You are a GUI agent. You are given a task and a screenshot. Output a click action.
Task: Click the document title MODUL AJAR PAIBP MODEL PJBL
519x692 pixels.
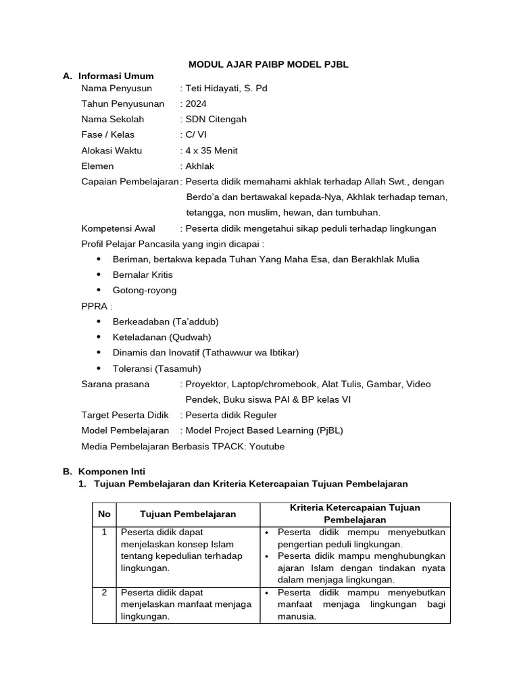pyautogui.click(x=268, y=64)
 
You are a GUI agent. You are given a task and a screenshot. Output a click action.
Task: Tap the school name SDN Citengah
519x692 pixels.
pyautogui.click(x=216, y=119)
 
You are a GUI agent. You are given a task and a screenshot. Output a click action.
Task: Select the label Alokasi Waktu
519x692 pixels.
pyautogui.click(x=112, y=150)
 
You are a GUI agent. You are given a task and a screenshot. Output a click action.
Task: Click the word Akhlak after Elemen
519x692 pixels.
pyautogui.click(x=199, y=166)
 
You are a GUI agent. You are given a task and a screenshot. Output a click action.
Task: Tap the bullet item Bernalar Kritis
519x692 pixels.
pyautogui.click(x=143, y=274)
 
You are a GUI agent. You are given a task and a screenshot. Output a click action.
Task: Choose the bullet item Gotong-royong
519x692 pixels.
pyautogui.click(x=145, y=290)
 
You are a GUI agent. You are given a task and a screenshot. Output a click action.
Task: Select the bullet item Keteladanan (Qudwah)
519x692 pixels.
pyautogui.click(x=162, y=337)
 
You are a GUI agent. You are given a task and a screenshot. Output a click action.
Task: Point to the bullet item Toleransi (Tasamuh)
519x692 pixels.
pyautogui.click(x=157, y=368)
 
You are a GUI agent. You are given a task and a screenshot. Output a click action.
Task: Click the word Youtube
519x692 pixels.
pyautogui.click(x=267, y=446)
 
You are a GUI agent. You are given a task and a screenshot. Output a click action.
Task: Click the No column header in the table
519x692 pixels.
pyautogui.click(x=104, y=514)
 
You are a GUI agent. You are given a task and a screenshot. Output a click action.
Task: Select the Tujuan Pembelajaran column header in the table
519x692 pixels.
pyautogui.click(x=188, y=514)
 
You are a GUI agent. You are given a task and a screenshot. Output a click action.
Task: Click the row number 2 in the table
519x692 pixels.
pyautogui.click(x=104, y=593)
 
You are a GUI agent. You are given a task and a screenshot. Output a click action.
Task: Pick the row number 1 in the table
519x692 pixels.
pyautogui.click(x=104, y=533)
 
